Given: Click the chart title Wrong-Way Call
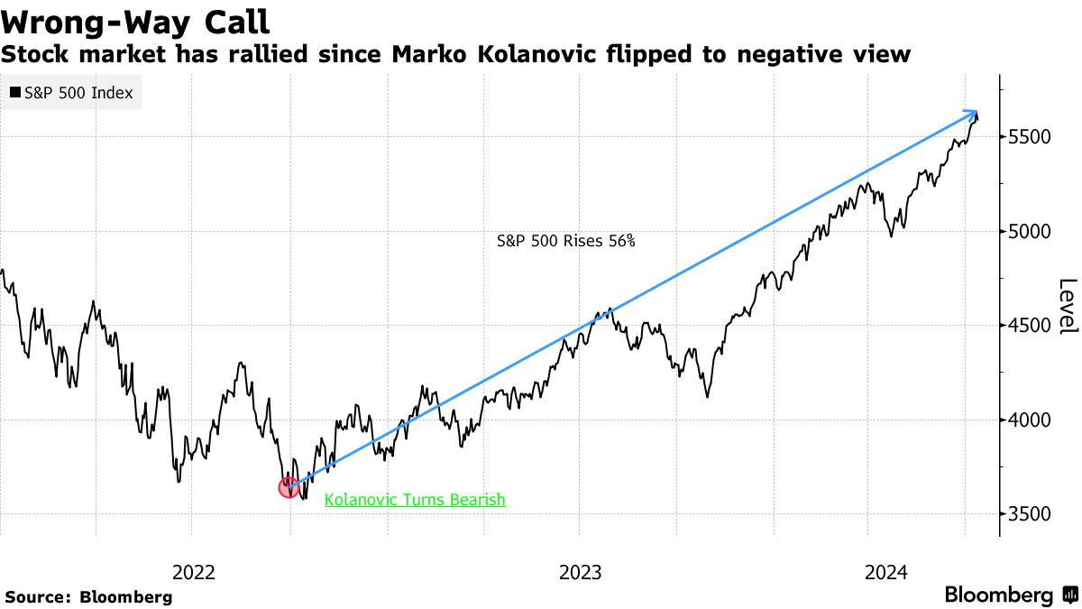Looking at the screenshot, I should click(135, 20).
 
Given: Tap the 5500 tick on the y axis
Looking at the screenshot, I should click(1029, 137).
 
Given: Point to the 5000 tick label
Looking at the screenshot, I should click(1029, 232).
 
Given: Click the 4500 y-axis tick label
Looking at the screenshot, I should click(1029, 326).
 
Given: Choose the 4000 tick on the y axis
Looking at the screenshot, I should click(1029, 420).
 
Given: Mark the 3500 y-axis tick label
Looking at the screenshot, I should click(1029, 514).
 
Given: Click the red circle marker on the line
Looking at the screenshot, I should click(289, 488).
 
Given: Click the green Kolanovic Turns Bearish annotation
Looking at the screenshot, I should click(415, 500).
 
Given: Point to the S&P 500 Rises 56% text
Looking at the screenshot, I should click(566, 242).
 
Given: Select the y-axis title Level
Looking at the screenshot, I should click(1068, 307).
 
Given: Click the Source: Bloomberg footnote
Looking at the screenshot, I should click(88, 596).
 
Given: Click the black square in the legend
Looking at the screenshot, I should click(15, 92).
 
